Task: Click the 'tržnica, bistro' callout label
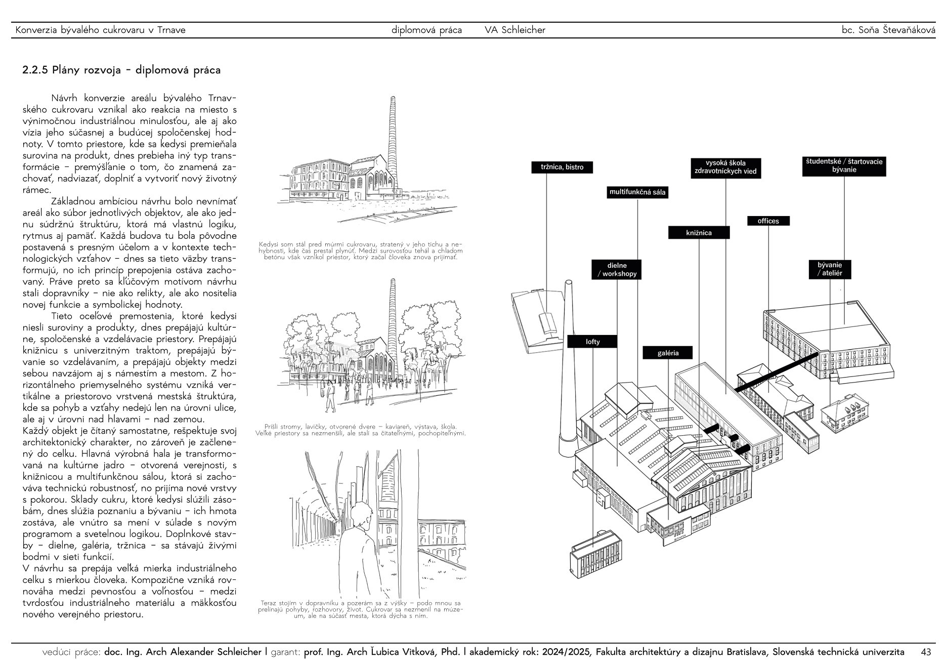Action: [562, 167]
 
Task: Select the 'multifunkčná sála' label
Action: [637, 192]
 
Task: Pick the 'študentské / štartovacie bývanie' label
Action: [844, 165]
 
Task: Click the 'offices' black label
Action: [768, 221]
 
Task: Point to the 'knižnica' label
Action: [699, 233]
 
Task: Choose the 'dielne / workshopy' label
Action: [617, 269]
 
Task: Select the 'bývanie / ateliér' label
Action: [830, 269]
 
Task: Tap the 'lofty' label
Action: [592, 342]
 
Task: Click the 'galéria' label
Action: [668, 353]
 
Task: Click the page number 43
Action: [926, 652]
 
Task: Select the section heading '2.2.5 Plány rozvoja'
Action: [121, 70]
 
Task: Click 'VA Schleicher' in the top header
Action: [515, 30]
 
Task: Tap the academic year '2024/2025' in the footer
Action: [566, 652]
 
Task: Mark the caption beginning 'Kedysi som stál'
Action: [360, 250]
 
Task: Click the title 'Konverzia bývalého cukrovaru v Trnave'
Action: [101, 30]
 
